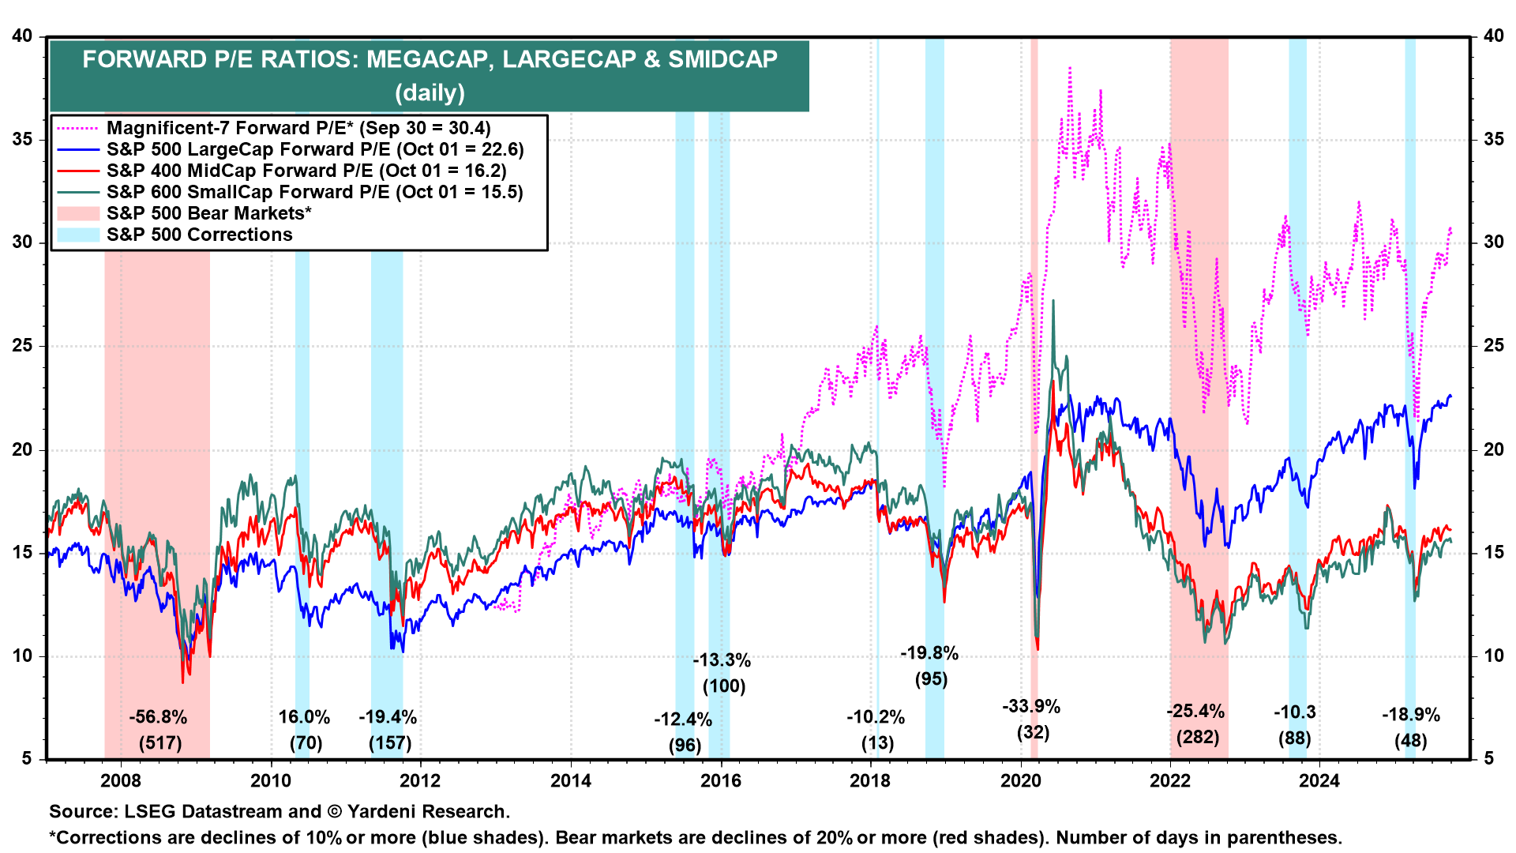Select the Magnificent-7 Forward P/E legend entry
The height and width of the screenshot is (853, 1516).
click(298, 128)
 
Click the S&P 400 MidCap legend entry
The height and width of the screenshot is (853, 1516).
click(306, 171)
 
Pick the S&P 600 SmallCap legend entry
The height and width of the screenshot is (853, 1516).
click(314, 192)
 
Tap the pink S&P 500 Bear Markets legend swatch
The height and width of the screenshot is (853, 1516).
click(77, 213)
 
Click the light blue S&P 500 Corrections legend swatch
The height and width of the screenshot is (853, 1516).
click(77, 235)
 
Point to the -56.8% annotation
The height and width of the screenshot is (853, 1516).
click(159, 717)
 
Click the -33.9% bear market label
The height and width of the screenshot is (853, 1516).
click(1031, 706)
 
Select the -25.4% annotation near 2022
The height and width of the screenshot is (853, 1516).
click(1195, 711)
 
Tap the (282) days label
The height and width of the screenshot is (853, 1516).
click(1197, 738)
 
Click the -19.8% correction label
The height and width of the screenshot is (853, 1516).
click(929, 653)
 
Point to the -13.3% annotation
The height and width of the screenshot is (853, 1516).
click(722, 660)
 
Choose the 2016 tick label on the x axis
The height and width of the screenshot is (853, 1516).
click(721, 780)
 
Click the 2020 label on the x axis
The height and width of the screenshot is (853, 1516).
click(1020, 780)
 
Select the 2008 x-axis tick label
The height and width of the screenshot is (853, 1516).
click(122, 780)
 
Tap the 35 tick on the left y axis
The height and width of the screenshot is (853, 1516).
click(23, 140)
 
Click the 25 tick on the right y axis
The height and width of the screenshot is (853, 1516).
click(1493, 346)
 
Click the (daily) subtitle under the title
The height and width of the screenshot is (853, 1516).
click(430, 93)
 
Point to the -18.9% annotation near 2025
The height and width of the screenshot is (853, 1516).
click(1410, 715)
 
